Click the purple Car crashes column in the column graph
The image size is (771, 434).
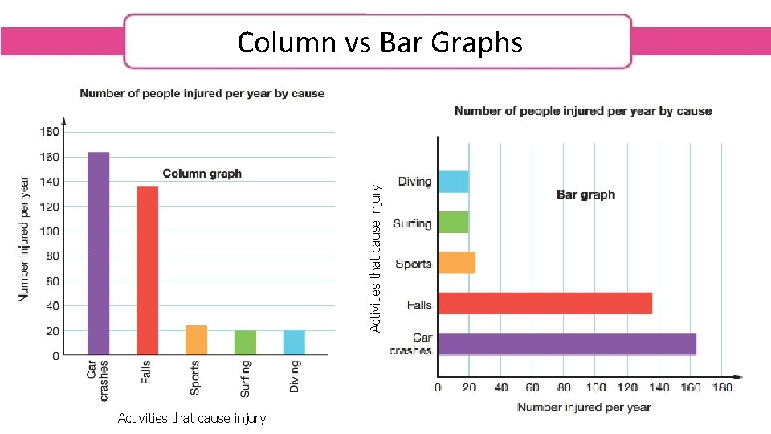click(98, 253)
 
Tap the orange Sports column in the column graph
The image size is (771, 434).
click(196, 340)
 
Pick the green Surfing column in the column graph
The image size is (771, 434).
click(245, 342)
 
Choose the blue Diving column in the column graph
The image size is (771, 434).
click(294, 342)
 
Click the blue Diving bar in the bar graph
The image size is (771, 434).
click(453, 182)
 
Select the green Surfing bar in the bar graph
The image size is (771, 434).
click(453, 223)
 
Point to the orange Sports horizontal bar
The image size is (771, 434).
click(456, 263)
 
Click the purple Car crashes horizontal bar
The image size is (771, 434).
click(566, 343)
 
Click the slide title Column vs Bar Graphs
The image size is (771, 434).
click(379, 42)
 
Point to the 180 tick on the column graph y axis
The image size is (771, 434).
click(49, 132)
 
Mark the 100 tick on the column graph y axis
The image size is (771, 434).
click(49, 231)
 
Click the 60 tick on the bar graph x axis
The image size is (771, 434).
click(532, 388)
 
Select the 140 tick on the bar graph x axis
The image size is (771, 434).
click(659, 388)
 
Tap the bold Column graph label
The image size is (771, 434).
click(202, 174)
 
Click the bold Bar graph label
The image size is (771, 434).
click(585, 194)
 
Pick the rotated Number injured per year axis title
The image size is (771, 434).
click(24, 240)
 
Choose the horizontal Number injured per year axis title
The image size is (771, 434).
click(584, 407)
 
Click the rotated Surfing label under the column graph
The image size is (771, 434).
click(246, 379)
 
